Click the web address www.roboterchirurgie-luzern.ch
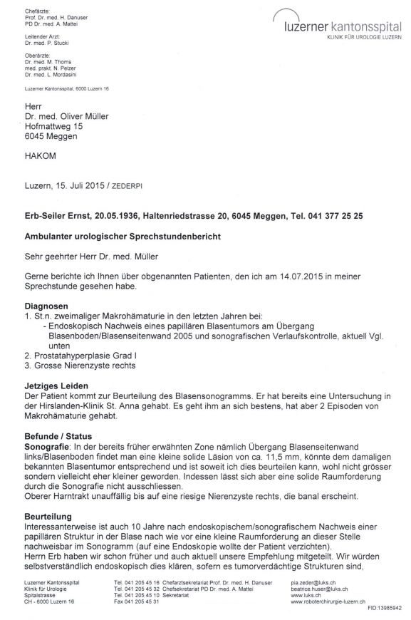click(335, 604)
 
